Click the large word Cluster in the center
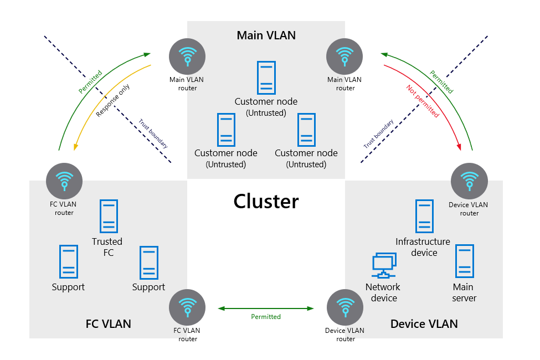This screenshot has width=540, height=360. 266,201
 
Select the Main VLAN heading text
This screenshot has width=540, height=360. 266,35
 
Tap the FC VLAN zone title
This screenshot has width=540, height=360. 109,323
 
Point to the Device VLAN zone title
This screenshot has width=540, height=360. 424,323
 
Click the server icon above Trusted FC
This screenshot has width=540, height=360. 109,216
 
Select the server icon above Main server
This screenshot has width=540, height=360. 464,261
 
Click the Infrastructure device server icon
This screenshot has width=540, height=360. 424,216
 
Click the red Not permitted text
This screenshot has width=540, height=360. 423,101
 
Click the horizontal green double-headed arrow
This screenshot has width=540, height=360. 266,308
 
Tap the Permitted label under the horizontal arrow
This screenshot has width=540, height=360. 266,317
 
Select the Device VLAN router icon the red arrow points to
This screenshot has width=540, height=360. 470,181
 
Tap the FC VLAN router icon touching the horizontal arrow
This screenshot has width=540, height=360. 187,308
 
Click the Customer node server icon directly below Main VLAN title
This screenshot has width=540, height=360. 266,78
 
